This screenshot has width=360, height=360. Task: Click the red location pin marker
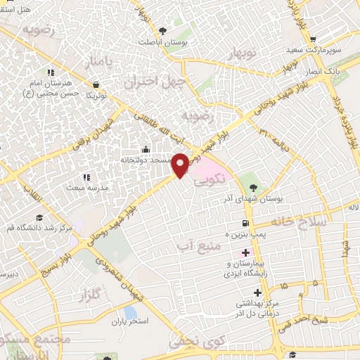181,164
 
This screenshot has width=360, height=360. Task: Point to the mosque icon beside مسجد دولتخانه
146,149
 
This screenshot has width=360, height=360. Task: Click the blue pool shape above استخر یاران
130,311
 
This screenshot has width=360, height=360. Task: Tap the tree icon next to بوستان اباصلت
162,30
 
